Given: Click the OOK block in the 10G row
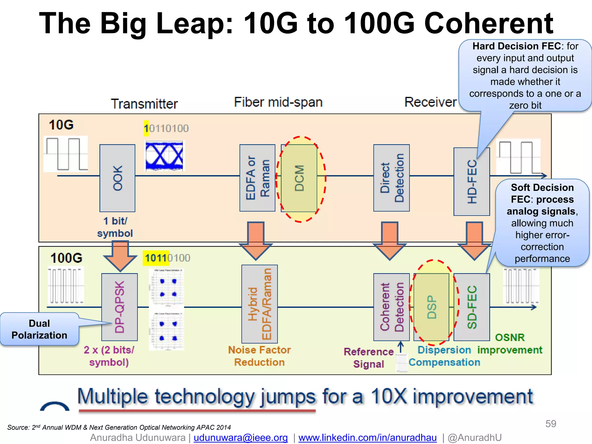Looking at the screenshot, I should [x=117, y=178].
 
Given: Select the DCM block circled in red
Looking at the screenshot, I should [x=299, y=178].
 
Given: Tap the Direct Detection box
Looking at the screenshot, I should [x=391, y=178].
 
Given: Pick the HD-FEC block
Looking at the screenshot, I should [x=471, y=182].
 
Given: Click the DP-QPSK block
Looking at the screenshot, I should [x=119, y=307].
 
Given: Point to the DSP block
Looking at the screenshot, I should [x=432, y=307].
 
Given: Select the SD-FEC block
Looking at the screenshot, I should [x=471, y=307].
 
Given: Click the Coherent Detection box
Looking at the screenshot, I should [x=391, y=307].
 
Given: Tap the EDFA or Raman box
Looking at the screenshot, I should [x=257, y=178].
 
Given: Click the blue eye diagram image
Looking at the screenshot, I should [x=164, y=156].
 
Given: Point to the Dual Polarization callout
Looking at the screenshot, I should [x=39, y=329].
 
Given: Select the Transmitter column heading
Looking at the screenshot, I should [x=144, y=104].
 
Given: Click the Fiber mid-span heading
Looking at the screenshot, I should [x=278, y=102].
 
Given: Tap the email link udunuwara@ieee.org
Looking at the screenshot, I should [x=240, y=438].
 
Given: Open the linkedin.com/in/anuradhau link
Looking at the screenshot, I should [x=367, y=438].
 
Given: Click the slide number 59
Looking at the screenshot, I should [x=550, y=424].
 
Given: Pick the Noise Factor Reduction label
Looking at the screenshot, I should [x=259, y=356].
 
